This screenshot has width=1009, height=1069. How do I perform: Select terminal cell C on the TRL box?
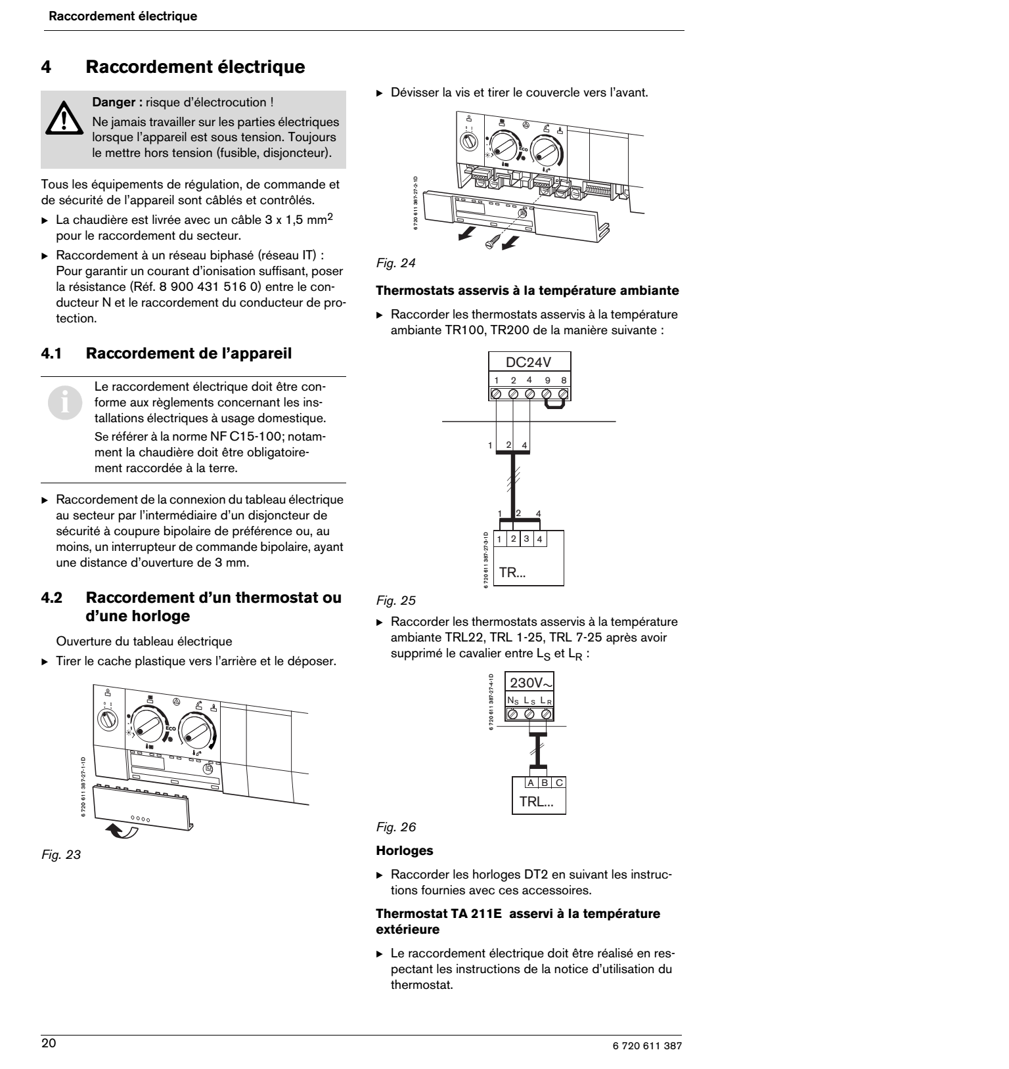click(x=558, y=782)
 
